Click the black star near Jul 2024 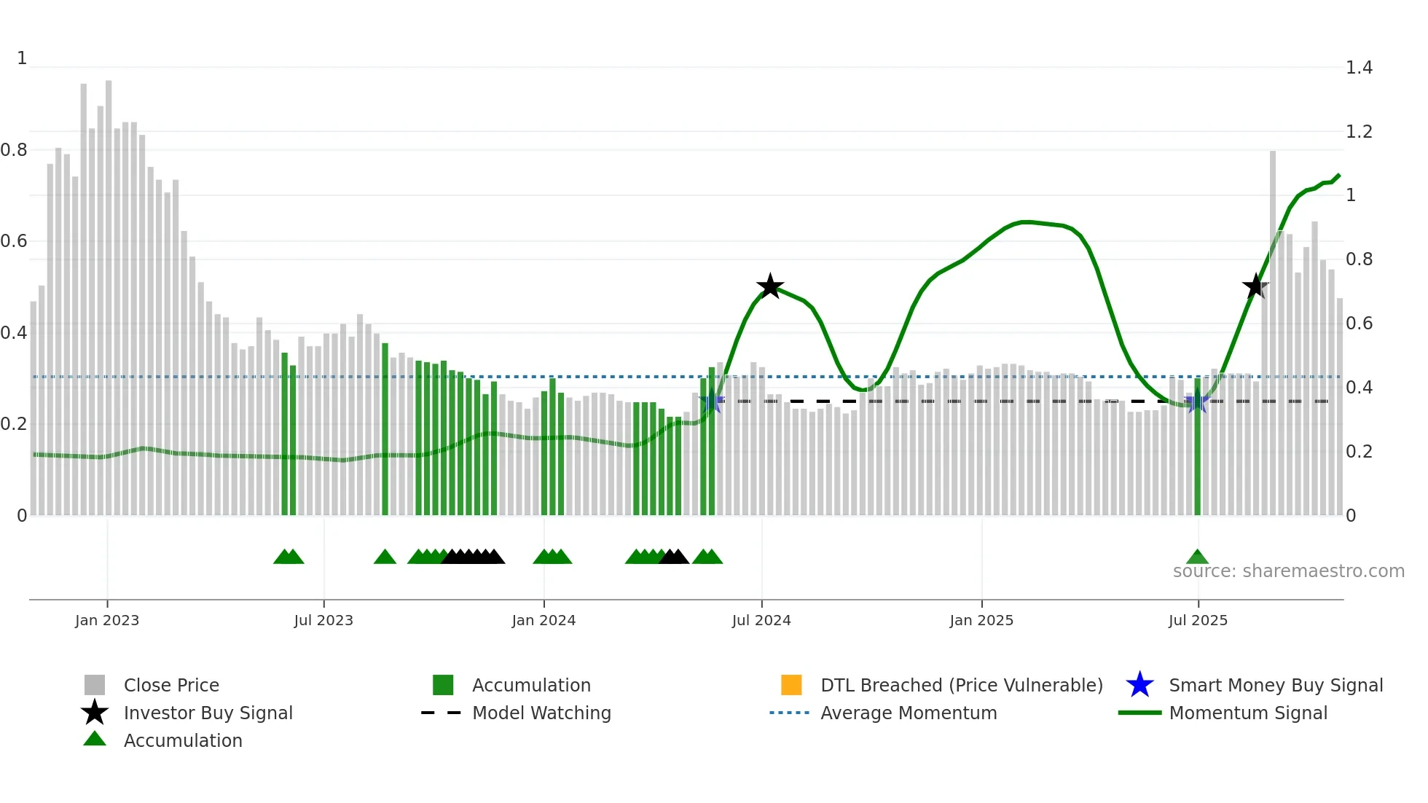click(770, 286)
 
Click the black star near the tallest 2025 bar click(1255, 286)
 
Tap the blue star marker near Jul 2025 click(1196, 401)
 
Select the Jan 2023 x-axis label click(107, 620)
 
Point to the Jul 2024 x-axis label click(761, 620)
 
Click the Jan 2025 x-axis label click(981, 620)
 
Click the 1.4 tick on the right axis click(1359, 68)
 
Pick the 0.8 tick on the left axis click(14, 150)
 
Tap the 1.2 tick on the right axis click(1359, 132)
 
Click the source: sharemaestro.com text click(1288, 571)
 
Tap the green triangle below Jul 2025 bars click(1197, 557)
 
